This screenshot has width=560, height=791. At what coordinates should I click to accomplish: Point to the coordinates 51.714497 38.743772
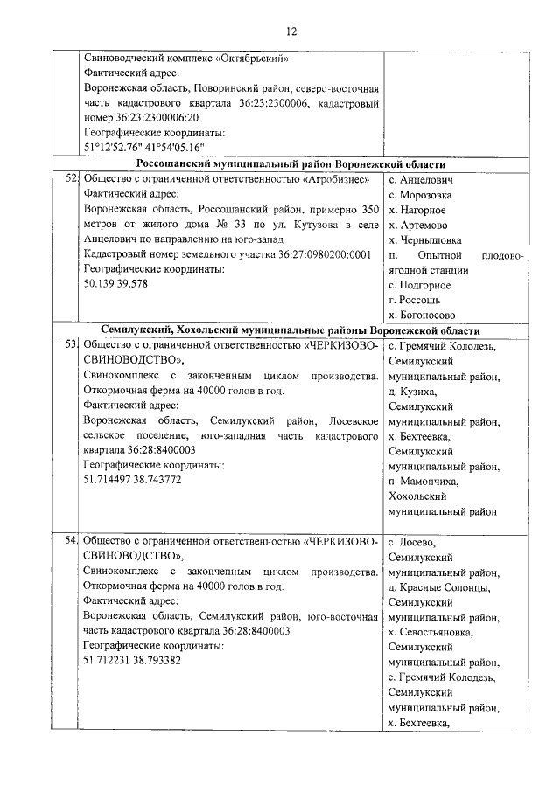(133, 480)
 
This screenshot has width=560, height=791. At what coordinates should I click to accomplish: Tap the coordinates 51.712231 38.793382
(133, 660)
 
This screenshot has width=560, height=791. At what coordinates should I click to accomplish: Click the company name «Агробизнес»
(340, 178)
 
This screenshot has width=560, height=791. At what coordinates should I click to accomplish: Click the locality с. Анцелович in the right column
(420, 178)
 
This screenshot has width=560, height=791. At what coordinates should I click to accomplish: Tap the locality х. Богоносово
(424, 315)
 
